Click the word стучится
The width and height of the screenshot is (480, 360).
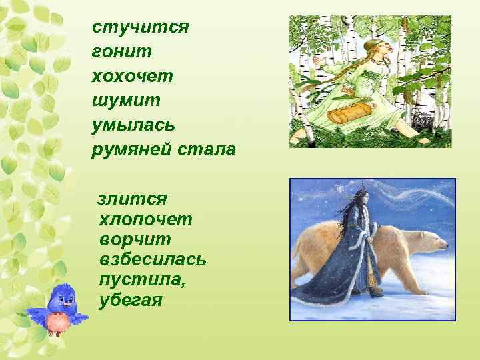[141, 27]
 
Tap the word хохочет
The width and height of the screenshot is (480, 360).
[133, 76]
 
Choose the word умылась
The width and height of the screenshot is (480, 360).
[134, 125]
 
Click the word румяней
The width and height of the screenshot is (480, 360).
[131, 149]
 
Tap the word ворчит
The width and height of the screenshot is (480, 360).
[135, 239]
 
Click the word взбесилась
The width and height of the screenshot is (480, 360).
[152, 259]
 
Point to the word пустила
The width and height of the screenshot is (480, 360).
[142, 279]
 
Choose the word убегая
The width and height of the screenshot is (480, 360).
[130, 299]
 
